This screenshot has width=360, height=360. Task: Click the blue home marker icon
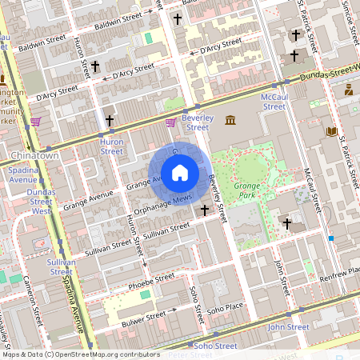180,173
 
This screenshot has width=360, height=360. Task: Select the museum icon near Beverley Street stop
230,120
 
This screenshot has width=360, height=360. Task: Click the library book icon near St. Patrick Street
331,131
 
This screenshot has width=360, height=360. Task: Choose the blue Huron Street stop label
111,145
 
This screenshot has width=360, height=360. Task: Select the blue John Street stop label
288,327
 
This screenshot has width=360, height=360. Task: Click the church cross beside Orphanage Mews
205,210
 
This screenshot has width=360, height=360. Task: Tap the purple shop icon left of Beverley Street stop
170,122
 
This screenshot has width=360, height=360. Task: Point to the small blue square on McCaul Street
330,238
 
